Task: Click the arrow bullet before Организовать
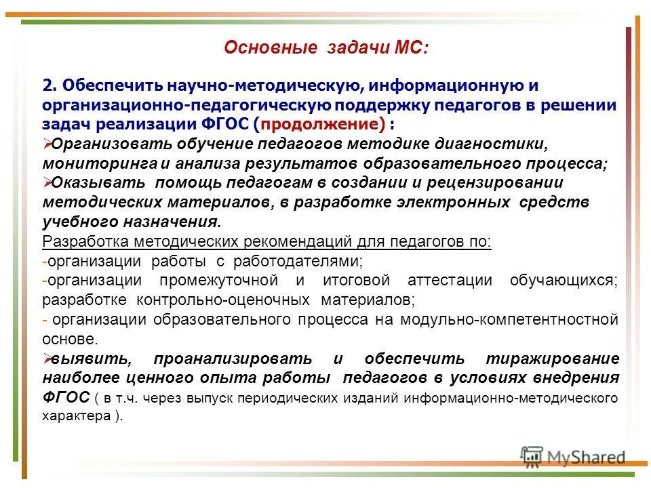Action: point(47,143)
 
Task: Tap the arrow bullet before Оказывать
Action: point(47,182)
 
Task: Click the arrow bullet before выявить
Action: point(47,358)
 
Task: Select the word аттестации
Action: point(453,281)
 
